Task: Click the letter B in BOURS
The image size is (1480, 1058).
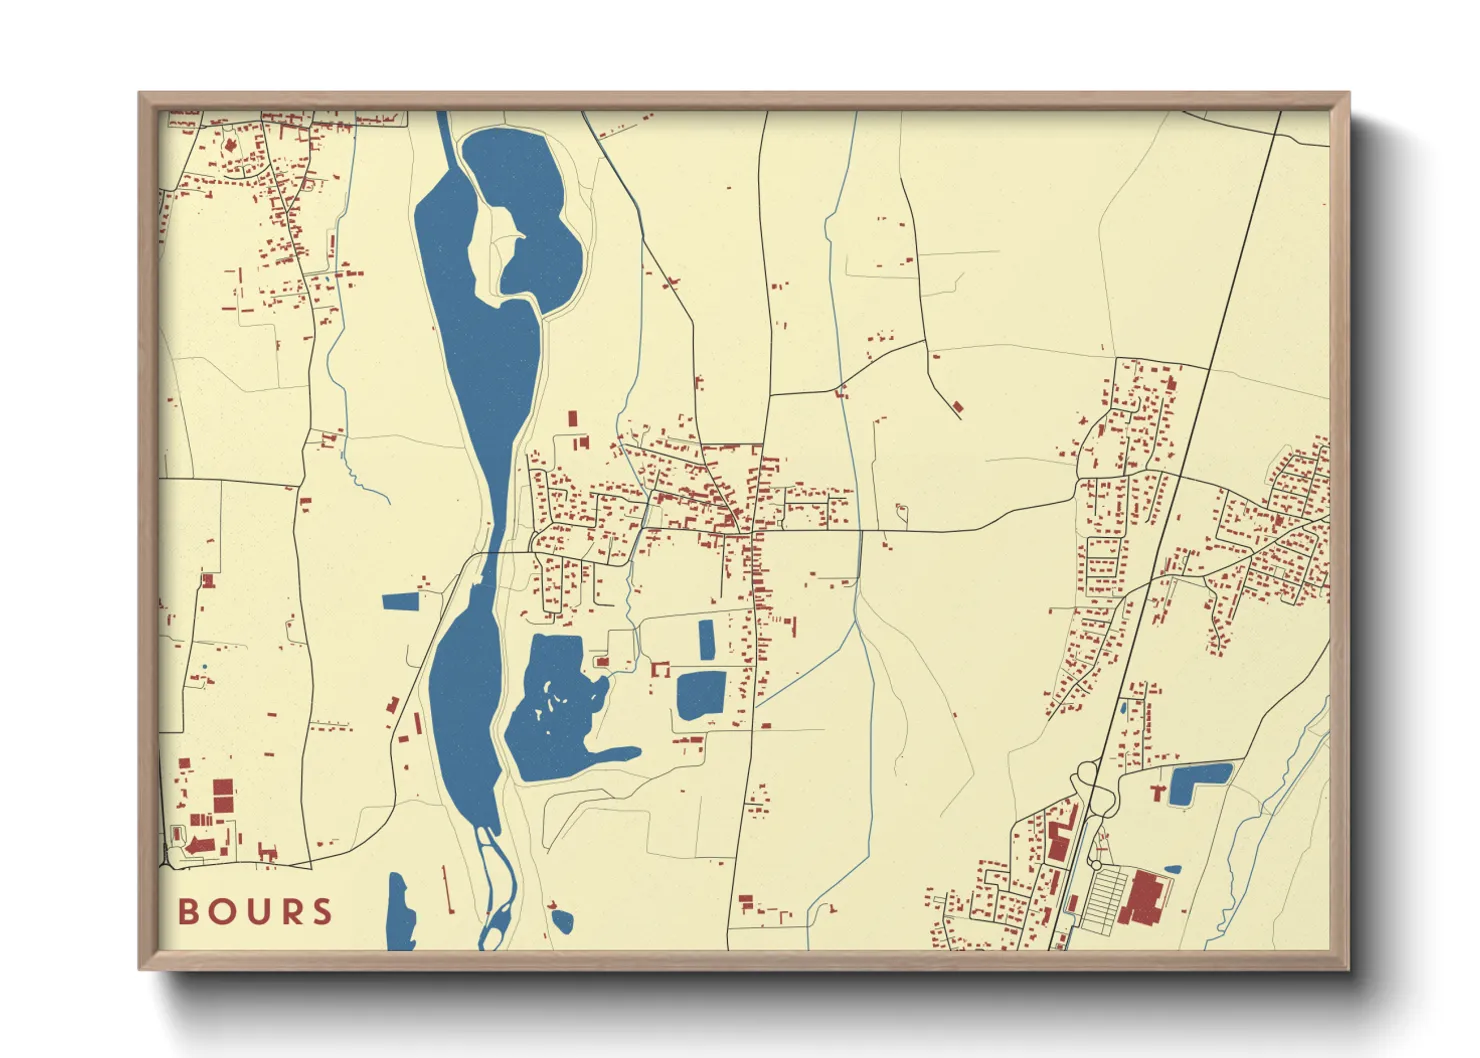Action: (x=188, y=912)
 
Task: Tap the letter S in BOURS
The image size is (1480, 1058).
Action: (x=322, y=912)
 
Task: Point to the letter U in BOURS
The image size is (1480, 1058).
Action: (x=255, y=912)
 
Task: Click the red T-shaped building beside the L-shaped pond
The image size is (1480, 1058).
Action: (x=1159, y=792)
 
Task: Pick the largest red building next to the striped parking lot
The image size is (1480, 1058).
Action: (x=1143, y=896)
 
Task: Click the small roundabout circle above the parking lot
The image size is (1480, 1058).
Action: (x=1096, y=864)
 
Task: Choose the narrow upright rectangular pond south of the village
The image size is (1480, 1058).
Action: (x=707, y=640)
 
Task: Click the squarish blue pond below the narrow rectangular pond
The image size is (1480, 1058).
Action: (x=701, y=694)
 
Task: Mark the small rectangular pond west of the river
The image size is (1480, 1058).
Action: (x=401, y=601)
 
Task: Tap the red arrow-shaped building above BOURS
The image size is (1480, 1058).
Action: (x=200, y=846)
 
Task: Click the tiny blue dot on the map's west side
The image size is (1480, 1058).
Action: (x=204, y=667)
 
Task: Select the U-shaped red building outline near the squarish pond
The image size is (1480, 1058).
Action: (x=660, y=668)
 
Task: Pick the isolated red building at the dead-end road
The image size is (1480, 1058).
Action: (x=958, y=407)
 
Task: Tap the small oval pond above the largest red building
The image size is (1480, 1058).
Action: (x=1172, y=870)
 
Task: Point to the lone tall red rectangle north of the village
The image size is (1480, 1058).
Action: (x=573, y=418)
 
